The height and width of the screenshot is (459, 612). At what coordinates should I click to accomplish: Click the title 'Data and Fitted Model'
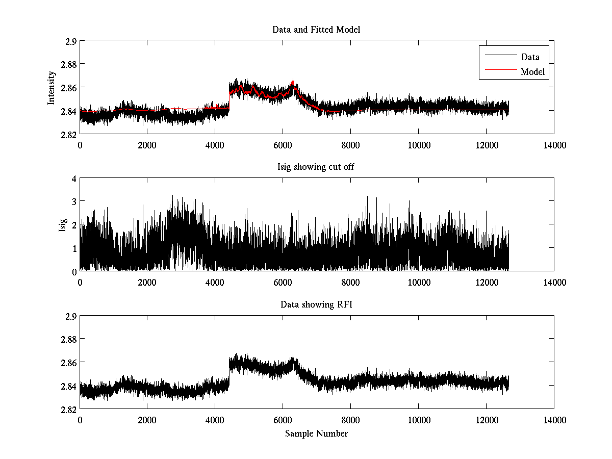[316, 30]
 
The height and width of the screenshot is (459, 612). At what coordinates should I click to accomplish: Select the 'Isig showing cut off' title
[316, 167]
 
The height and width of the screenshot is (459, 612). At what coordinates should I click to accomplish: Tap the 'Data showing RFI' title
[316, 305]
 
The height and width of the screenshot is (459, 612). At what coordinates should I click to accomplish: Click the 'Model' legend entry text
[532, 72]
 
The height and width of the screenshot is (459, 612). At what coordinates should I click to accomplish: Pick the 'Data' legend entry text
[530, 57]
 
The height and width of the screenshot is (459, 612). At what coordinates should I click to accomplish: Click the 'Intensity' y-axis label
[51, 87]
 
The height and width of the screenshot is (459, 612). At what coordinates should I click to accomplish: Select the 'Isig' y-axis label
[62, 225]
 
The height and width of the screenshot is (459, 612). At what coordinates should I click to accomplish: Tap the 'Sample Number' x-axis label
[316, 434]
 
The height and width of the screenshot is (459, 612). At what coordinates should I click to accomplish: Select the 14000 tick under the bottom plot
[554, 420]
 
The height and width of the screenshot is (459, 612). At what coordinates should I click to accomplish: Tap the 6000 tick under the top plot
[283, 145]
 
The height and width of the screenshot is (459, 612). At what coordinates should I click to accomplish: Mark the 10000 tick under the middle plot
[418, 282]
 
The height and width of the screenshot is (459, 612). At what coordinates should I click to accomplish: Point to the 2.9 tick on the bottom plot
[72, 316]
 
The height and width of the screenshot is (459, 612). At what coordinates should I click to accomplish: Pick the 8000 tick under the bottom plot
[350, 420]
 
